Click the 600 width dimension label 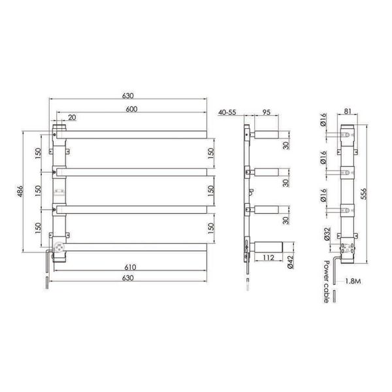[x=131, y=109]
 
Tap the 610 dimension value [x=130, y=267]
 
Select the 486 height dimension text [x=20, y=191]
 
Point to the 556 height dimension [x=364, y=194]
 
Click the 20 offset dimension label [x=72, y=118]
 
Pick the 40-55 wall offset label [x=227, y=112]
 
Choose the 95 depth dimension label [x=267, y=112]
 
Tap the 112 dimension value [x=269, y=257]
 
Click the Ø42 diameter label [x=290, y=263]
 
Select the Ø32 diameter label [x=327, y=234]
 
